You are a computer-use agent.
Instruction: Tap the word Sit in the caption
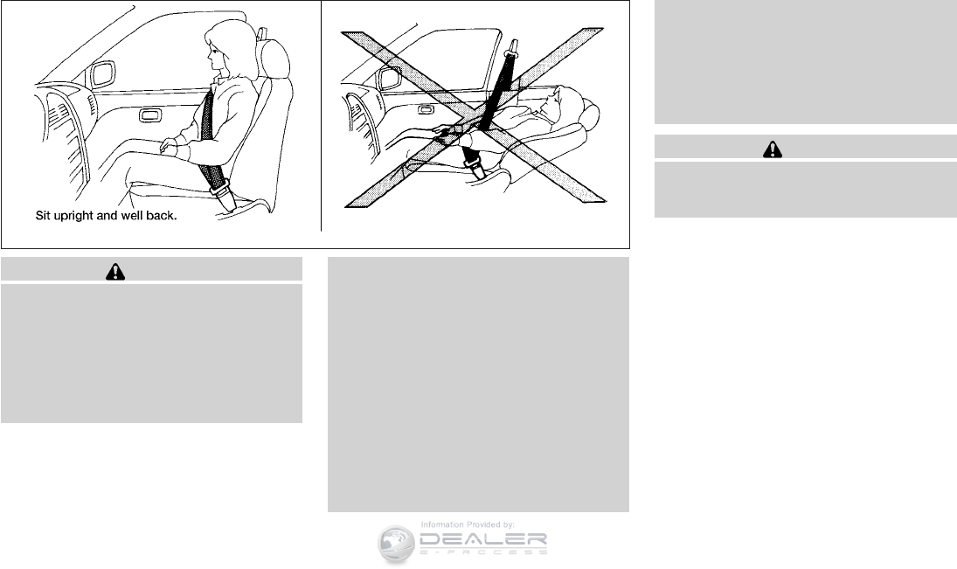[x=43, y=216]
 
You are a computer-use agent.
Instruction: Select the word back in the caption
[x=161, y=216]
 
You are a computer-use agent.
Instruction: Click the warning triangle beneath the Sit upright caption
[x=115, y=272]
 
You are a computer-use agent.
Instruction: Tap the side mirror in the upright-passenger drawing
[x=102, y=74]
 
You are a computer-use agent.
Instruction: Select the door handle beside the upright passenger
[x=150, y=114]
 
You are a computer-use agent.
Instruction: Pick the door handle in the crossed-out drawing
[x=426, y=110]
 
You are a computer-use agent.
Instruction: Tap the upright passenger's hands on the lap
[x=170, y=147]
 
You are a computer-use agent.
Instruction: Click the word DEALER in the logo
[x=482, y=539]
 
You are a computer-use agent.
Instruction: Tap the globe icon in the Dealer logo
[x=396, y=543]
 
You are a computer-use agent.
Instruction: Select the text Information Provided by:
[x=468, y=524]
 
